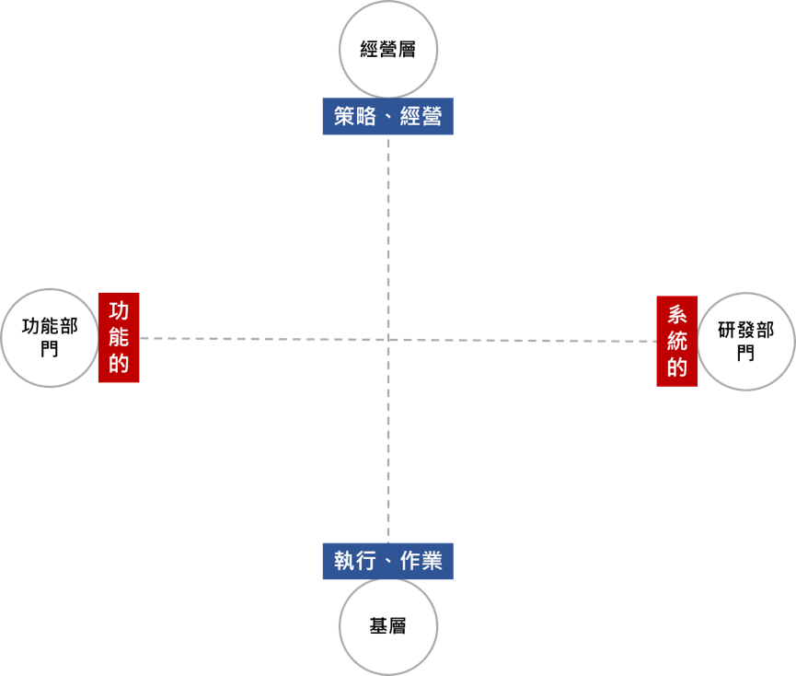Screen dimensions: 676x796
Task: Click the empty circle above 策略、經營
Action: point(388,49)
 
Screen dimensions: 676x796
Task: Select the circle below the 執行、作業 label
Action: point(388,627)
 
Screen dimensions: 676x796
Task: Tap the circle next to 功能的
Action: point(49,337)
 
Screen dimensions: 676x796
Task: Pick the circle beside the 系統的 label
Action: point(746,342)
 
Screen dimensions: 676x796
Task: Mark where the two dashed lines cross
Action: point(388,340)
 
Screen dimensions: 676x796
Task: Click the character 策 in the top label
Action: point(344,117)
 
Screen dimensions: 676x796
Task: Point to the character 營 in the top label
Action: point(433,117)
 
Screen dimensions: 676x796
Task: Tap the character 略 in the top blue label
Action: point(365,117)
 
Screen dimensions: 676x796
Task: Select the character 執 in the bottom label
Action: point(344,561)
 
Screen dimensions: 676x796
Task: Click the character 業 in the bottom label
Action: point(433,561)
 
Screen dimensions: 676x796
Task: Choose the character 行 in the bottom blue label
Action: point(365,561)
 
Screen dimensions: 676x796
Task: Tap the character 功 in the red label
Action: point(119,310)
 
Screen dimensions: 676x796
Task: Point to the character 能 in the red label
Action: point(119,337)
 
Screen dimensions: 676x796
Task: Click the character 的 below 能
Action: point(119,363)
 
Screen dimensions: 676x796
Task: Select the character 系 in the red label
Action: point(677,314)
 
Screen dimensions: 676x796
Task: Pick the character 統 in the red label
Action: point(677,341)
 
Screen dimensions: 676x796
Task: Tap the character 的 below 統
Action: point(677,367)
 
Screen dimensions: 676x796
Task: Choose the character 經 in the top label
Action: point(410,117)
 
